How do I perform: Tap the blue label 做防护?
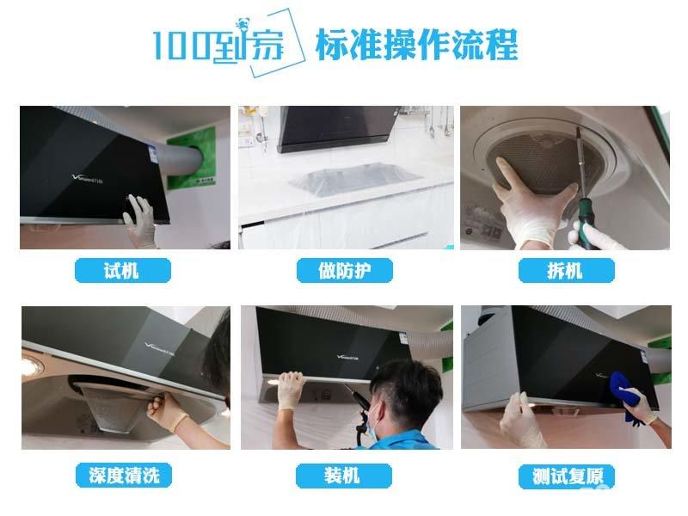tap(344, 271)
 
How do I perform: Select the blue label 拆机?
tap(566, 271)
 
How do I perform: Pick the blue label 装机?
tap(344, 474)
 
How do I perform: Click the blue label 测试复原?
tap(566, 474)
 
